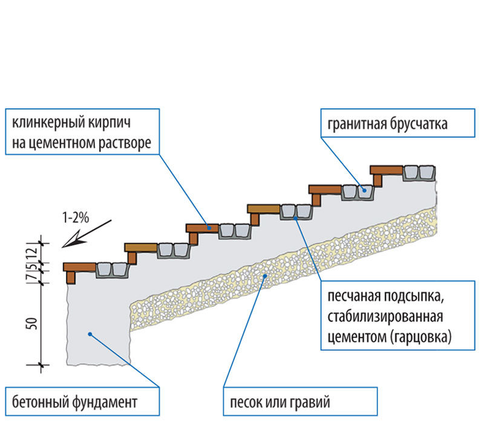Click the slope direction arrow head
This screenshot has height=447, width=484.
[x=65, y=245]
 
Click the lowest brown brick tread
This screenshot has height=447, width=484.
[x=80, y=267]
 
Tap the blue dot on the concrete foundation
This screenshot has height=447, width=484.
[x=88, y=333]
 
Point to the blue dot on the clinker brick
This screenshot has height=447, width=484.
[x=209, y=228]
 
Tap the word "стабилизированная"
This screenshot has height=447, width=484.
[x=385, y=317]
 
